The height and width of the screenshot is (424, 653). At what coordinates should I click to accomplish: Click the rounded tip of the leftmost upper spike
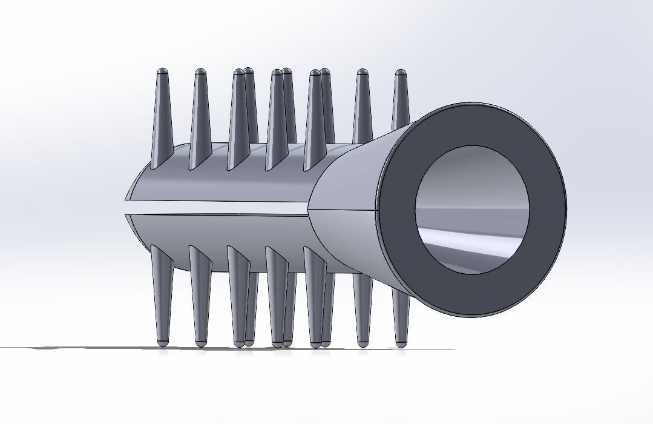[x=162, y=73]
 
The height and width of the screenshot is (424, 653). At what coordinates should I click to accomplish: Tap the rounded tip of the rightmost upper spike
[x=400, y=74]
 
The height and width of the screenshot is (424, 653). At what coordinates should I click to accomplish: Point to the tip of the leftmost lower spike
[x=162, y=342]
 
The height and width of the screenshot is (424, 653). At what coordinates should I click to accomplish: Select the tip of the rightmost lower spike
[x=400, y=342]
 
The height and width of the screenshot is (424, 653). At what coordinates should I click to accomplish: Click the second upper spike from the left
[x=200, y=115]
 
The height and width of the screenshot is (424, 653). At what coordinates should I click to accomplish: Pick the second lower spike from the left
[x=200, y=297]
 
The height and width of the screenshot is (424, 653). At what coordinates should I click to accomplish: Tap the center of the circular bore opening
[x=472, y=209]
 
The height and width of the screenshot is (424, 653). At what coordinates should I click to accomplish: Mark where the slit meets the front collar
[x=309, y=210]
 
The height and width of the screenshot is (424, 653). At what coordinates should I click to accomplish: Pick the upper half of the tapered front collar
[x=351, y=176]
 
